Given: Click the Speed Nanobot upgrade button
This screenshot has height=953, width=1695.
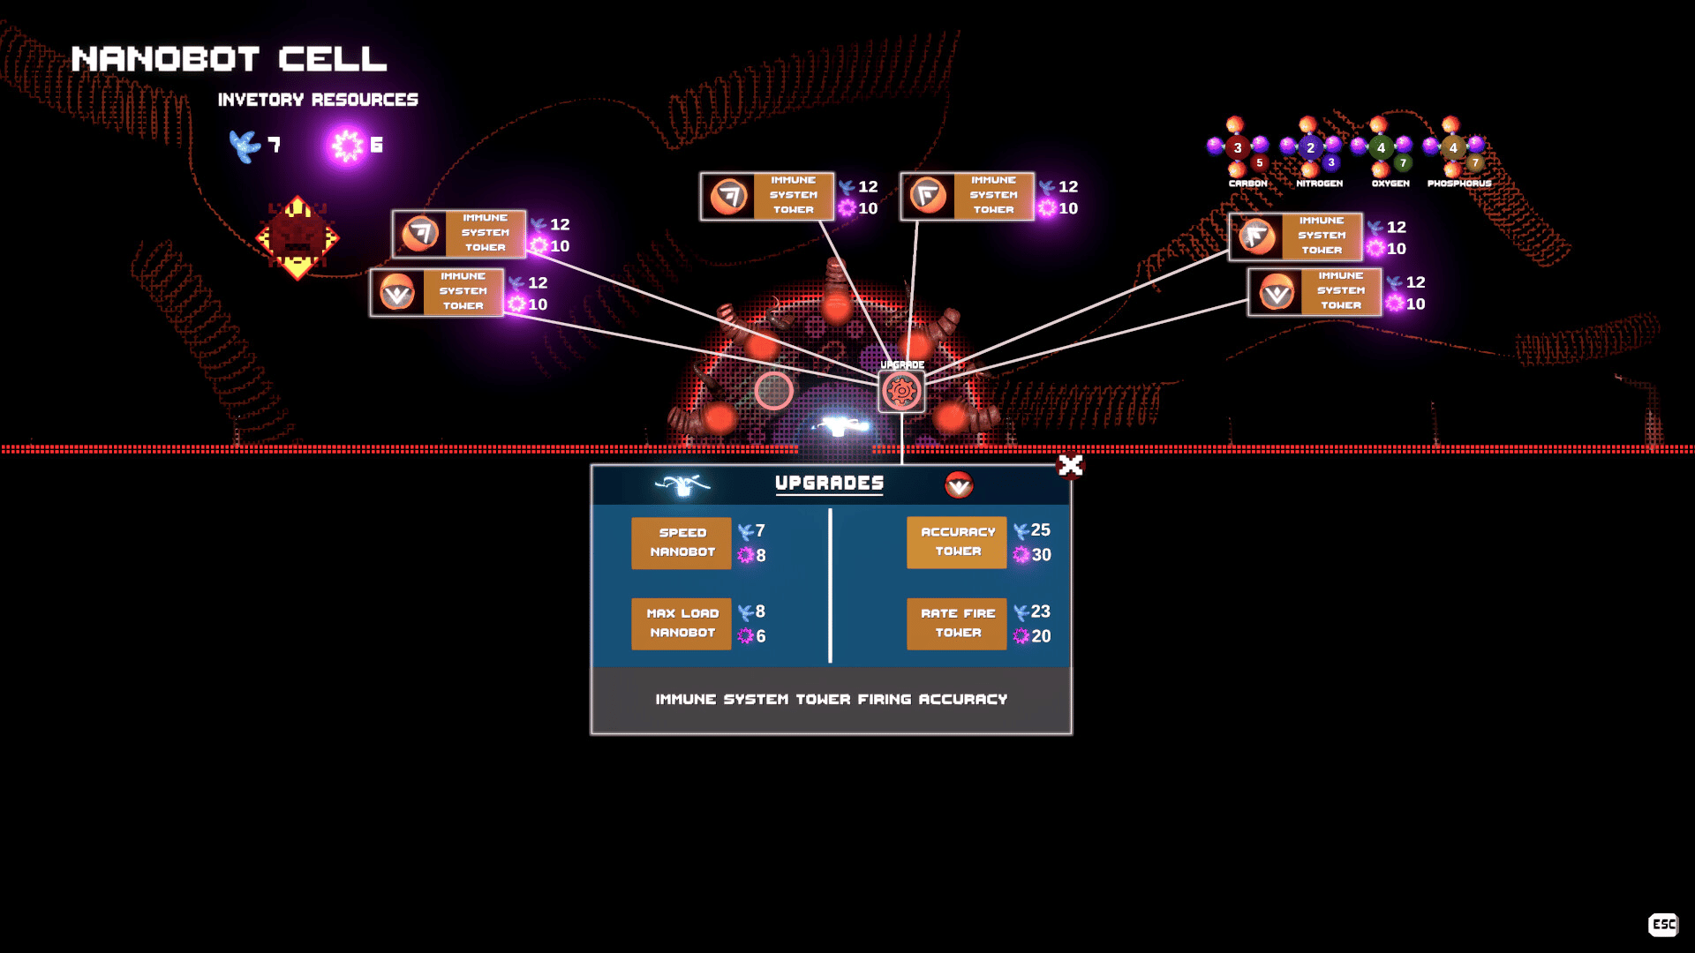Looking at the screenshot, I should coord(682,543).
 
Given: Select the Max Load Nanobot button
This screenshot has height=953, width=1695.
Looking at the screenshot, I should coord(682,624).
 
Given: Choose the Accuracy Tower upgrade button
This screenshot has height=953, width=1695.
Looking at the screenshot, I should coord(957,542).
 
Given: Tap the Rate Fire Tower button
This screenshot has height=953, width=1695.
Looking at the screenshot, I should coord(957,624).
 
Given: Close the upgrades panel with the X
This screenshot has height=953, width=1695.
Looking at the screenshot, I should coord(1070,465).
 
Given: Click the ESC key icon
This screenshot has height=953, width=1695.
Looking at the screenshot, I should coord(1663,924).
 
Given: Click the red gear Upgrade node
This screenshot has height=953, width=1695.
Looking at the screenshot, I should coord(901,391).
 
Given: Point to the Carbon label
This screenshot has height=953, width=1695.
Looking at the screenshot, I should coord(1247,184).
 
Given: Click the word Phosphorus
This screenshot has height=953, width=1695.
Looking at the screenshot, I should coord(1458,184).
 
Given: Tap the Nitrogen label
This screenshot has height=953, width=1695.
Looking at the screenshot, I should coord(1319,184).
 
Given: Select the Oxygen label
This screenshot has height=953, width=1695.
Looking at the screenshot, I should coord(1390,184).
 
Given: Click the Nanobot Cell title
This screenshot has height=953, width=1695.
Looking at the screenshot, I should coord(229,59).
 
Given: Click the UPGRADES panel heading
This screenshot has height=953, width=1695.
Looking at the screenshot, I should coord(829,483).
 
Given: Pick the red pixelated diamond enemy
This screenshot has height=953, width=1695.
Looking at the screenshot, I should coord(298,237).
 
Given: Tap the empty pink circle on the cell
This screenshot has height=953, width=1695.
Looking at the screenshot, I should coord(773,391).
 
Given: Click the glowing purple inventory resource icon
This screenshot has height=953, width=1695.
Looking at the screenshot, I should coord(347,146).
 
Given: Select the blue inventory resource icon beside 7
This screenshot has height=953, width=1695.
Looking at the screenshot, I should coord(244,146).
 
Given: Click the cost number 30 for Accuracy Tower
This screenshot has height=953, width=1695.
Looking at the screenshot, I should coord(1042,555).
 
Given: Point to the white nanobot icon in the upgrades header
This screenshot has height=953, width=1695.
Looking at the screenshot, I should coord(682,484).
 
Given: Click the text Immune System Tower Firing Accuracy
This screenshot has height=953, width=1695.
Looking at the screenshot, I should coord(831,700).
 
